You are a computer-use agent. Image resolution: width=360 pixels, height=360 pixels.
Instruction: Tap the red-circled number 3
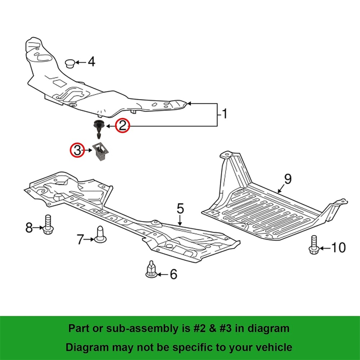77,150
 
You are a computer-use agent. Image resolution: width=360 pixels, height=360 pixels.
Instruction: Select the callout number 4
91,62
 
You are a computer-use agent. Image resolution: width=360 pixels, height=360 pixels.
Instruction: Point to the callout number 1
224,114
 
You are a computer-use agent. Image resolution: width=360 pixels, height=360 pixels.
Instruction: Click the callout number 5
180,208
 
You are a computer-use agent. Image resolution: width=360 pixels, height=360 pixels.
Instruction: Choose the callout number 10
338,248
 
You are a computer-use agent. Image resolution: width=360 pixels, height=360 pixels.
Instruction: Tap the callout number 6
174,275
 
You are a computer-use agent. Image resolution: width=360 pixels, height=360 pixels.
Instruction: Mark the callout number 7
80,239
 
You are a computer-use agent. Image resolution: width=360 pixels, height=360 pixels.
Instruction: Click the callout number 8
29,227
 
